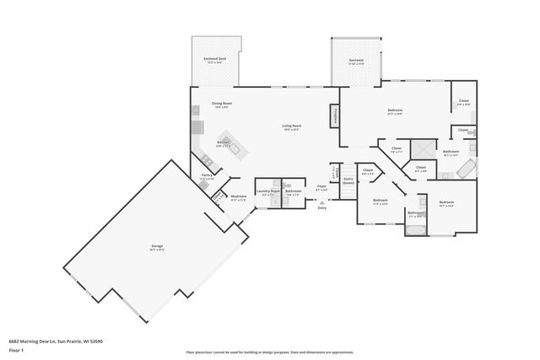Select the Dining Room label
click(x=223, y=105)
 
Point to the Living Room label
click(x=292, y=127)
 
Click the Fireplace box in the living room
click(x=334, y=116)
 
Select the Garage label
click(x=157, y=248)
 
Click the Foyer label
click(x=321, y=187)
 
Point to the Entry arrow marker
click(x=321, y=202)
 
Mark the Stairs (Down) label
click(x=347, y=180)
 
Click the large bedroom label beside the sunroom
click(x=395, y=111)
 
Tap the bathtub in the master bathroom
click(x=466, y=169)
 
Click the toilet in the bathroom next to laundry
click(x=288, y=183)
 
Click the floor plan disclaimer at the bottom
click(x=270, y=352)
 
